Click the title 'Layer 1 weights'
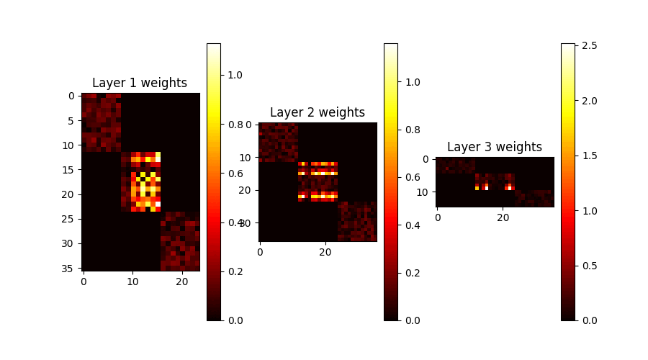140,83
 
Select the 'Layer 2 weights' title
318,112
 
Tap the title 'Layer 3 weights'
495,147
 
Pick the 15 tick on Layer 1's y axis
71,169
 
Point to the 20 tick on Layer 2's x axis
325,252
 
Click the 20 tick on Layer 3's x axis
503,218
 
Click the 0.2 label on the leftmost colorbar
236,271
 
